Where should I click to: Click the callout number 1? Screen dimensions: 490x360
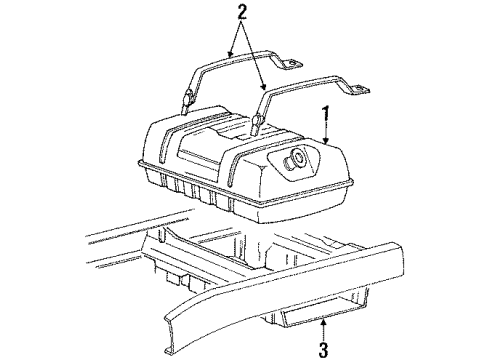click(325, 116)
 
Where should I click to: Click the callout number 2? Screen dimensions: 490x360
click(242, 12)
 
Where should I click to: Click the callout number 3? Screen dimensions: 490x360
click(323, 349)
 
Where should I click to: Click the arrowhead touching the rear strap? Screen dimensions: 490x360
click(229, 54)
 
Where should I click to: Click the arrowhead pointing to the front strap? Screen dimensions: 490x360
click(264, 86)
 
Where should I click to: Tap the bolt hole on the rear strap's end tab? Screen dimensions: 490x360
click(294, 63)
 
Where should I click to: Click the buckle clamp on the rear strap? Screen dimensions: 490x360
click(187, 98)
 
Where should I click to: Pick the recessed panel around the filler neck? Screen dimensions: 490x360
click(295, 159)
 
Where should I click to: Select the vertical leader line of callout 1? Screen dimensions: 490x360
click(326, 132)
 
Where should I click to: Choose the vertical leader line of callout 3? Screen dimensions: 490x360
click(323, 332)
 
